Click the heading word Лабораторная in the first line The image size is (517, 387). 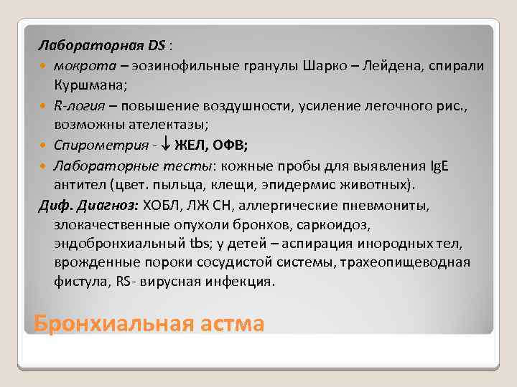tap(92, 46)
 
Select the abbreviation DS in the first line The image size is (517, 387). tap(157, 46)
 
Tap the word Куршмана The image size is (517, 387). tap(88, 85)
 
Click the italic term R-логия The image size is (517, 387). tap(80, 105)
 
